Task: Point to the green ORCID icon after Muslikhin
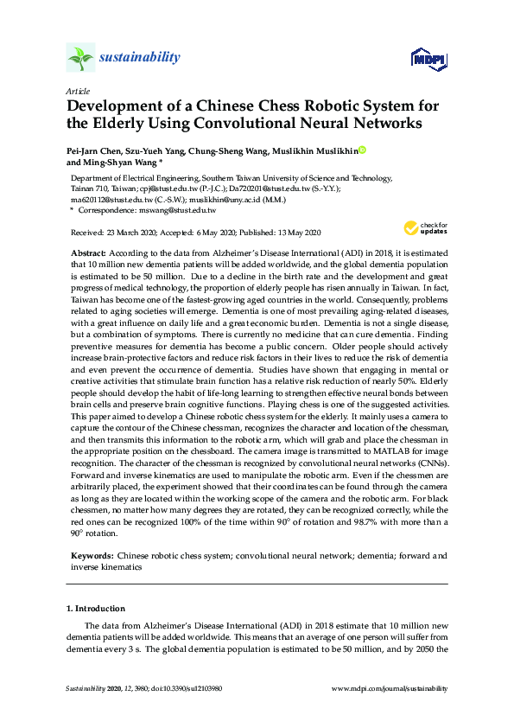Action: tap(362, 150)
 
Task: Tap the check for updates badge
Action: tap(426, 229)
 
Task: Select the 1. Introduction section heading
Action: tap(95, 609)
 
